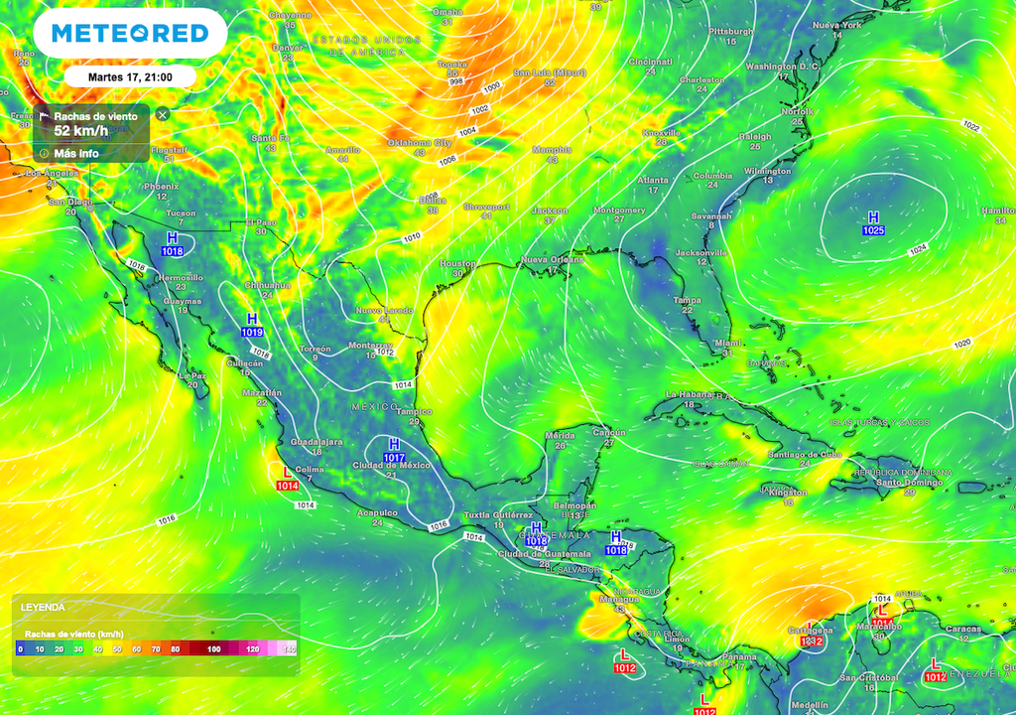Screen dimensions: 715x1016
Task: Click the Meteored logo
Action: (130, 33)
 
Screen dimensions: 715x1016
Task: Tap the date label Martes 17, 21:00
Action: (130, 77)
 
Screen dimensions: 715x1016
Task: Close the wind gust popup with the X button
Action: (163, 115)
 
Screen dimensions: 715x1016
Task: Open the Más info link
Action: (75, 154)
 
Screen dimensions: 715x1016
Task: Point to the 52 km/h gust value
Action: (81, 130)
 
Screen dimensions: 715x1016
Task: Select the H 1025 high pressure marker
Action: (873, 223)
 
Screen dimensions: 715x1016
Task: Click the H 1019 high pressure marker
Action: (252, 325)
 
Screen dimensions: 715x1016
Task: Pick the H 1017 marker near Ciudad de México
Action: (394, 450)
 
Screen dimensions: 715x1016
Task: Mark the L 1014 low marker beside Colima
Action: (288, 478)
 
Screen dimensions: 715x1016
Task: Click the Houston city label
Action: (457, 263)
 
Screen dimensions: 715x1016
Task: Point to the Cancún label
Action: (608, 432)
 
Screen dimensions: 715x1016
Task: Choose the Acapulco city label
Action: (377, 512)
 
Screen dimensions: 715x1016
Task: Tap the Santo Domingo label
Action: (909, 483)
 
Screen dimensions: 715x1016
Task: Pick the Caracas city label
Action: (963, 628)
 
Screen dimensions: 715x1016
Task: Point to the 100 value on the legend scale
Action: (213, 648)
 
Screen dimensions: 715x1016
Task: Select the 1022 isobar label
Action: (970, 126)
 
